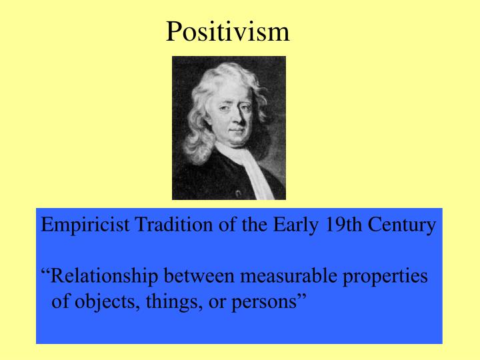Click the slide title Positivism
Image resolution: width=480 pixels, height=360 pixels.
point(227,31)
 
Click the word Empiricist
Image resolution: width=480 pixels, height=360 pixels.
point(86,225)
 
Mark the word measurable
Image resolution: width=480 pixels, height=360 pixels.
point(288,276)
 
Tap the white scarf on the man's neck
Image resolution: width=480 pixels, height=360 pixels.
point(257,170)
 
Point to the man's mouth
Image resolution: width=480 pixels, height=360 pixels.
point(236,136)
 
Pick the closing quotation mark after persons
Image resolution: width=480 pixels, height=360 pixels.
point(301,297)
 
